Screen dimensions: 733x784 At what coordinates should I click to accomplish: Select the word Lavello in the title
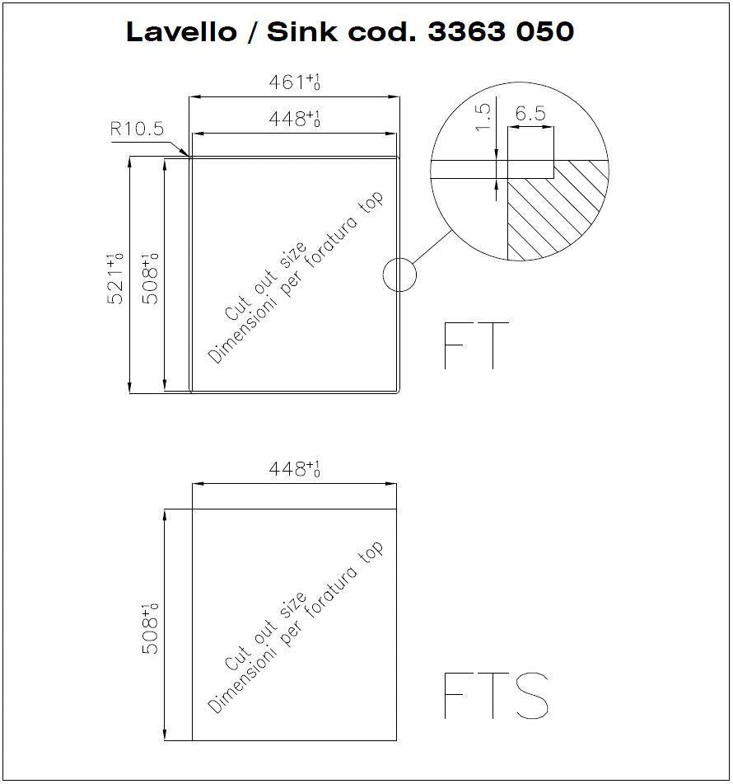tap(181, 31)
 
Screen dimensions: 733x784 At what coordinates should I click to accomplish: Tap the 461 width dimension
tap(294, 82)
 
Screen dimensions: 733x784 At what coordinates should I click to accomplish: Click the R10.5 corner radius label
tap(137, 129)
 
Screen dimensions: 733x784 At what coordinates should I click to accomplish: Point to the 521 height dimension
tap(115, 279)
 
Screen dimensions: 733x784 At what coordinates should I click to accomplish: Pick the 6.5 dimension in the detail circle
tap(530, 114)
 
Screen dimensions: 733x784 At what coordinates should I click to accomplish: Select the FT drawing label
tap(476, 345)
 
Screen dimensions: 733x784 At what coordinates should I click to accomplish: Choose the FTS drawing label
tap(496, 696)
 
